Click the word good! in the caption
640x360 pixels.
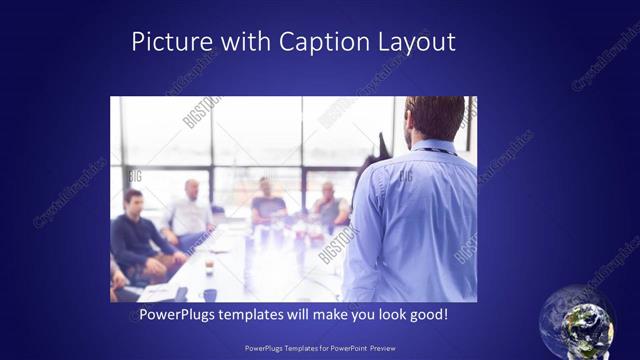tap(427, 315)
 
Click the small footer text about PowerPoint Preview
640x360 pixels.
tap(319, 349)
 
